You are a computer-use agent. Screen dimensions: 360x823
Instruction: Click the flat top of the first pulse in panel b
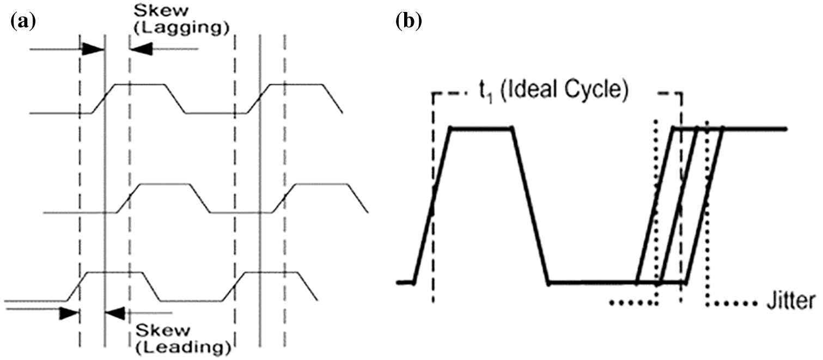coord(481,129)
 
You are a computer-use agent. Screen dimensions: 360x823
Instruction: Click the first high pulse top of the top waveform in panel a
coord(139,84)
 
